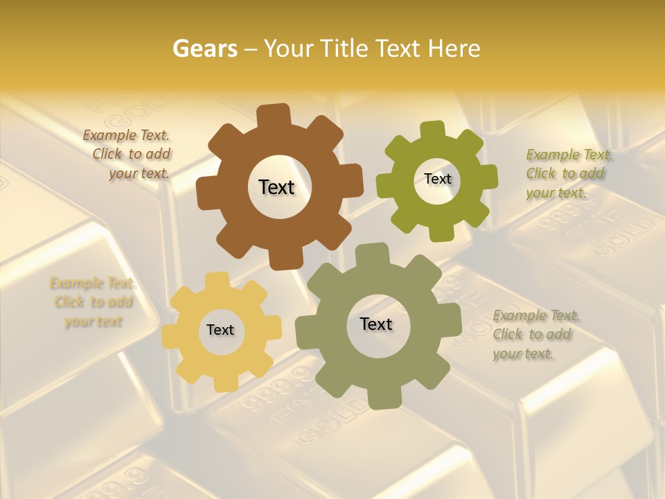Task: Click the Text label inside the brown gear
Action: tap(276, 187)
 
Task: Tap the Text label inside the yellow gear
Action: tap(220, 330)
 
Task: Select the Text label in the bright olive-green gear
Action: tap(437, 179)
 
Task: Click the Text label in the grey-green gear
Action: tap(375, 324)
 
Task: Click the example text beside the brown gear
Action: tap(129, 155)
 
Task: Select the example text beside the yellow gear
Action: tap(92, 302)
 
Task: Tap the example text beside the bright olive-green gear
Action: tap(568, 173)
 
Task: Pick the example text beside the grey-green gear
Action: tap(535, 334)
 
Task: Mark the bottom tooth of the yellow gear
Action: tap(222, 383)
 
